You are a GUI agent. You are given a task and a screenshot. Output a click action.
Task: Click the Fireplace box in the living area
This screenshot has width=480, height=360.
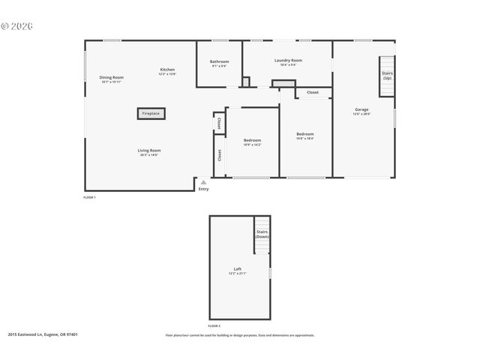[151, 114]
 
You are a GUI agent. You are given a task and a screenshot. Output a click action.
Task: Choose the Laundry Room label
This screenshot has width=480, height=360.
[288, 61]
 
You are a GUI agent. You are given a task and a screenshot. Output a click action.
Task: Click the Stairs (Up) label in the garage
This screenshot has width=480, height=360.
[387, 76]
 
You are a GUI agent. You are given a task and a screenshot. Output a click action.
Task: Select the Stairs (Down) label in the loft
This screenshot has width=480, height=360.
[262, 234]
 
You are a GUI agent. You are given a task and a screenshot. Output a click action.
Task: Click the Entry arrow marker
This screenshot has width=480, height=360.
[203, 181]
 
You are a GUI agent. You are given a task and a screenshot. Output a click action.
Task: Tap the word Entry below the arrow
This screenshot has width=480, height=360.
[203, 189]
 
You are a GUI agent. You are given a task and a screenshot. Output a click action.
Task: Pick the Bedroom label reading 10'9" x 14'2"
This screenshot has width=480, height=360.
[252, 142]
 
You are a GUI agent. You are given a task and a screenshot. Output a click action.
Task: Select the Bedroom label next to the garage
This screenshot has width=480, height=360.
[304, 136]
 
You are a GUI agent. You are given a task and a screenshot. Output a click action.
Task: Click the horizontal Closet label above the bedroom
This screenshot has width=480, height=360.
[312, 92]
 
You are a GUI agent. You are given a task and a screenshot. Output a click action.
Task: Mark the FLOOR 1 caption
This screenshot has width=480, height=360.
[89, 196]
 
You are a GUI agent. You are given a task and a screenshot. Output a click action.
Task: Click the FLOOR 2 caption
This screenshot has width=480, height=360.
[214, 325]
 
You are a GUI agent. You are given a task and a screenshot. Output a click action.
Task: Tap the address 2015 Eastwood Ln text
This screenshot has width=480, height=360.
[43, 334]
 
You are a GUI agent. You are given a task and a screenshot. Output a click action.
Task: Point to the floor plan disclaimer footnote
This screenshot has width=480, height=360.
[240, 335]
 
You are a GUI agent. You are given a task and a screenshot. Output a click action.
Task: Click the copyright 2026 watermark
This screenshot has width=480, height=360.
[16, 26]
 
